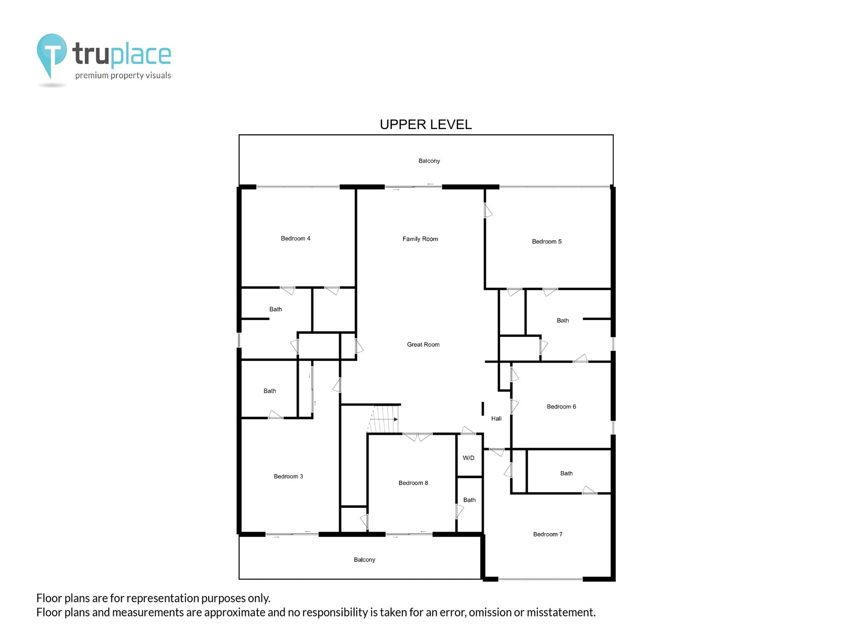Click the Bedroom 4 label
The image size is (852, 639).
pyautogui.click(x=296, y=239)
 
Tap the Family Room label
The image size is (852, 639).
pyautogui.click(x=420, y=239)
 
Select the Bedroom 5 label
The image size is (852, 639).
pyautogui.click(x=547, y=242)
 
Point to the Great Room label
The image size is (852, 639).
pyautogui.click(x=423, y=345)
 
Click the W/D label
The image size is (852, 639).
pyautogui.click(x=469, y=458)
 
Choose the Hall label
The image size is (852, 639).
pyautogui.click(x=496, y=419)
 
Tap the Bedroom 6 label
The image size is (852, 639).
pyautogui.click(x=561, y=407)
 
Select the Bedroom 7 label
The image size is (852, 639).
pyautogui.click(x=548, y=534)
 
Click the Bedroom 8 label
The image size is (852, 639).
pyautogui.click(x=413, y=483)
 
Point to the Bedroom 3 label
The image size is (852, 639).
pyautogui.click(x=288, y=477)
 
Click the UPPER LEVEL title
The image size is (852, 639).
pyautogui.click(x=426, y=124)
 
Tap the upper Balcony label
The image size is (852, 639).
pyautogui.click(x=429, y=161)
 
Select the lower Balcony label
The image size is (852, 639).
pyautogui.click(x=365, y=560)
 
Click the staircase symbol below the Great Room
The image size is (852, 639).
pyautogui.click(x=383, y=419)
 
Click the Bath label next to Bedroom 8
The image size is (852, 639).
pyautogui.click(x=469, y=500)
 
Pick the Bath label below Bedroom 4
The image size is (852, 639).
pyautogui.click(x=276, y=309)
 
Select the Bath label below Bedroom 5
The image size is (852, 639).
pyautogui.click(x=563, y=321)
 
